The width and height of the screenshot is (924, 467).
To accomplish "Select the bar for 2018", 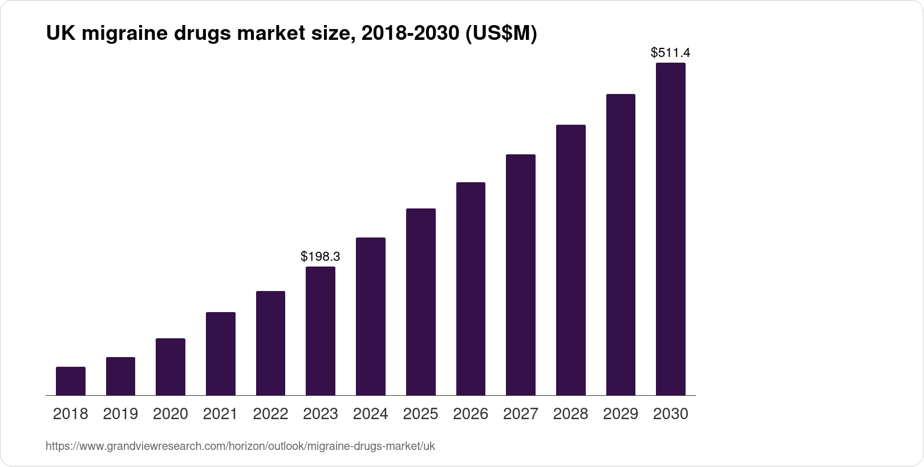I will click(x=71, y=381).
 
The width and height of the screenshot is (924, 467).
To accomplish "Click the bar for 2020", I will click(x=171, y=367).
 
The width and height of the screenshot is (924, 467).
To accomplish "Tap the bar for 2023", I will click(x=321, y=331).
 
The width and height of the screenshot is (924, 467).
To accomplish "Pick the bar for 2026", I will click(x=471, y=289).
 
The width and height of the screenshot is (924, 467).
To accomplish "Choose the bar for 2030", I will click(x=670, y=229).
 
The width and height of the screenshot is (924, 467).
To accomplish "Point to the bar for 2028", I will click(x=570, y=260).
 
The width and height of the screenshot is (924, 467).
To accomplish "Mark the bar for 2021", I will click(x=221, y=354).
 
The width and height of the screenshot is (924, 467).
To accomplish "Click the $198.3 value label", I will click(x=321, y=256).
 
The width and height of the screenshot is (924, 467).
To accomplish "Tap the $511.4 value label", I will click(x=670, y=53).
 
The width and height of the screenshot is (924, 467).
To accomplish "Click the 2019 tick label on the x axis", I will click(x=120, y=414).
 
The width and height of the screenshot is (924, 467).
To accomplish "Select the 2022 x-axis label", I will click(x=270, y=414).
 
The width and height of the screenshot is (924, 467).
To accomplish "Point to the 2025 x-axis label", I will click(x=420, y=414).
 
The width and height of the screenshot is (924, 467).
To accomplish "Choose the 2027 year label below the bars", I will click(x=520, y=414).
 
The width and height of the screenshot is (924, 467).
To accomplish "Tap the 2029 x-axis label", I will click(x=621, y=414).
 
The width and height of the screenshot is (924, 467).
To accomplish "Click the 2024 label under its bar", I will click(x=370, y=414).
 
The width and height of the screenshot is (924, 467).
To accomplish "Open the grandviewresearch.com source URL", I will click(x=240, y=446).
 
